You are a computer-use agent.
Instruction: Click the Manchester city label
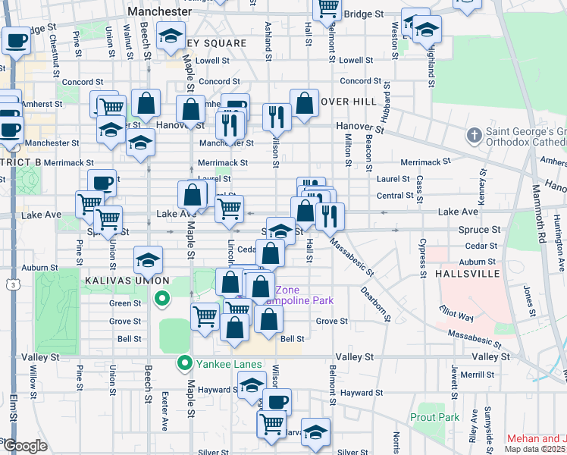[160, 12]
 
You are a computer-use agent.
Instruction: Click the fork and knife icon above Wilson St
[276, 117]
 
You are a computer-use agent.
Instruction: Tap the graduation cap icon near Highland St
[428, 30]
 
